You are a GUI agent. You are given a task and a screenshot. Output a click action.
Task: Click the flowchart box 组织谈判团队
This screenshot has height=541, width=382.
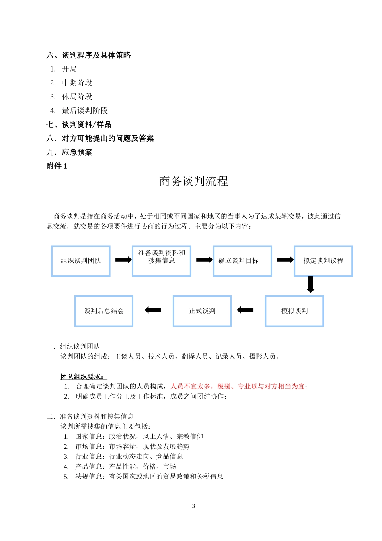point(81,261)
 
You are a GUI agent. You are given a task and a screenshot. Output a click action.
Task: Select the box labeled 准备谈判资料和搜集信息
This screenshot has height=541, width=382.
point(162,261)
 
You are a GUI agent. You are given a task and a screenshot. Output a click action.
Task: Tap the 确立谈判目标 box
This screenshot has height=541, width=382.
point(242,261)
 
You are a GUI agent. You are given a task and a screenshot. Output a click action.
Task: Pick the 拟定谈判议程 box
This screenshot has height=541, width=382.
point(323,261)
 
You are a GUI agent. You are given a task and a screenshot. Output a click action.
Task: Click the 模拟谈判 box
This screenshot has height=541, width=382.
point(294,311)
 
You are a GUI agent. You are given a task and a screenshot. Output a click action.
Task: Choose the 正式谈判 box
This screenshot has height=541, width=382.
point(202,311)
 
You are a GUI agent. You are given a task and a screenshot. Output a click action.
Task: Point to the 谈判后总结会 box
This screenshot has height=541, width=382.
point(104,311)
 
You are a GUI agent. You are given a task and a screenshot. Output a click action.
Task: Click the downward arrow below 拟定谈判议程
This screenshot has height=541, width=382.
point(310,285)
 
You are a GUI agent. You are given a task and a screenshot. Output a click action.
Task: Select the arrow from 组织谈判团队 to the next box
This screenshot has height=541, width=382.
point(123,260)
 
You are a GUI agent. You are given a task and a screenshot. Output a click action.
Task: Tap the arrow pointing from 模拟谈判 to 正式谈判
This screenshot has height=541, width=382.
point(245,310)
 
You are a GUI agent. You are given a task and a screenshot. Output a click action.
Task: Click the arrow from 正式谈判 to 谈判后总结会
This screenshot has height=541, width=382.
point(153,310)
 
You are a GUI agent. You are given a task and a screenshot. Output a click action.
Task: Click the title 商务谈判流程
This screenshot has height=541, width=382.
point(193,182)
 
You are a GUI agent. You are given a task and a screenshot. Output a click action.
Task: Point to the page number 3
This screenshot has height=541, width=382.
point(193,506)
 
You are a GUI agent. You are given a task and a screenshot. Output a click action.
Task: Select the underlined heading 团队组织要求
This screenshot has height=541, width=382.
point(84,377)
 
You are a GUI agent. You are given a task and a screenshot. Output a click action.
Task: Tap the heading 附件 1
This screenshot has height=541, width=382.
point(57,166)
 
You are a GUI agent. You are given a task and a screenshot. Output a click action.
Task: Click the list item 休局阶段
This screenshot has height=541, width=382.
point(77,97)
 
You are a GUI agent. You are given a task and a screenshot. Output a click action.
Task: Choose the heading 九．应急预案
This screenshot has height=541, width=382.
point(70,152)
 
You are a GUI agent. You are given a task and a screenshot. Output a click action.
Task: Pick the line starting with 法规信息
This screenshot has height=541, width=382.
point(149,477)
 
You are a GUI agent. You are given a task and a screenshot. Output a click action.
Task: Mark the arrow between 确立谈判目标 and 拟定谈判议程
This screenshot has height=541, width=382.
point(285,260)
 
